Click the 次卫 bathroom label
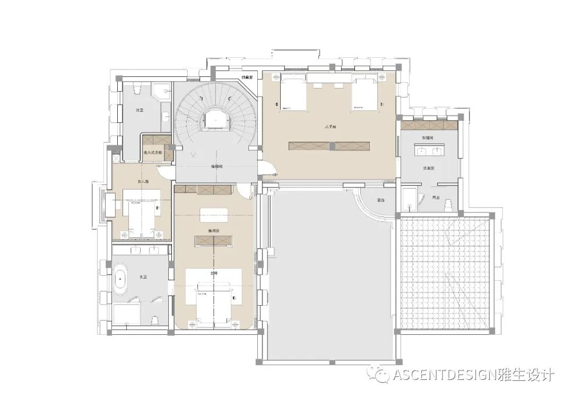pos(140,110)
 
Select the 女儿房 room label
pos(143,182)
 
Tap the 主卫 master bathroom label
pos(143,277)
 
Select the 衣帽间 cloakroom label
pos(428,138)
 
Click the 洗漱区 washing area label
pos(428,168)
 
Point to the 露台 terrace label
pos(380,200)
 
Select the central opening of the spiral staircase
pos(216,119)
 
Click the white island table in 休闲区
pos(214,214)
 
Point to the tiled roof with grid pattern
pos(445,270)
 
